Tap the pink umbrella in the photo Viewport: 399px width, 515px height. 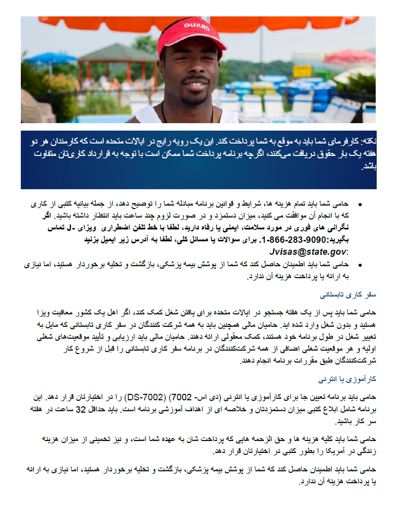349,56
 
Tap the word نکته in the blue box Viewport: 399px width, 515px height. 367,141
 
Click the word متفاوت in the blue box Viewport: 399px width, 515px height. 362,152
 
